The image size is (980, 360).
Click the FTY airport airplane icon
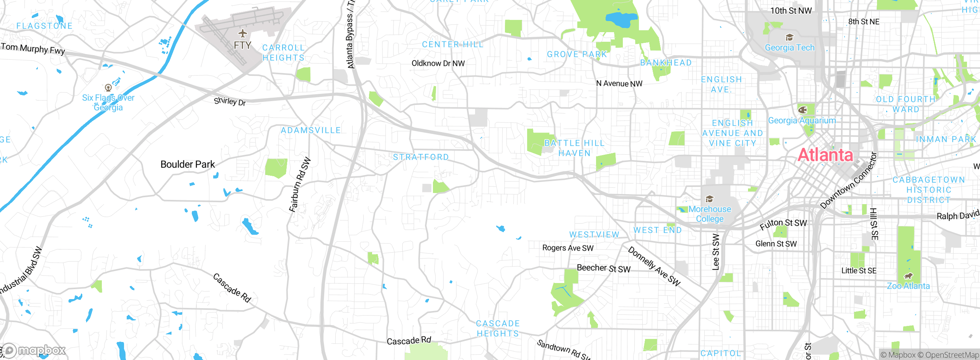coord(242,34)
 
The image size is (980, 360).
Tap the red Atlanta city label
coord(826,155)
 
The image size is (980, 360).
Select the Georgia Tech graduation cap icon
coord(789,38)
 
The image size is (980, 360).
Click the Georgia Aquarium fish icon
coord(802,110)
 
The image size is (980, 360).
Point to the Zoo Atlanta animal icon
coord(908,276)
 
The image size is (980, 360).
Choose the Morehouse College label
coord(710,214)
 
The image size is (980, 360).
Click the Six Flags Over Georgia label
coord(108,103)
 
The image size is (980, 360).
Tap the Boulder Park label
coord(188,164)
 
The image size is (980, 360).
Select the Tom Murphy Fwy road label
coord(33,49)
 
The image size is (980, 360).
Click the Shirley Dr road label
coord(230,101)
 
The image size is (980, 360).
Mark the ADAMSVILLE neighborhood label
coord(310,131)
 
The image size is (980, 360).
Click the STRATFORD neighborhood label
coord(421,157)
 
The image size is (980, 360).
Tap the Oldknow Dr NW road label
coord(438,63)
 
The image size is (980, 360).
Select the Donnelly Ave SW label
coord(654,266)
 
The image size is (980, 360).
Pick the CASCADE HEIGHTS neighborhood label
coord(498,329)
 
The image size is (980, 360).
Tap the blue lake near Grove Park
coord(621,19)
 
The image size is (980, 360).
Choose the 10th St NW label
coord(791,11)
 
